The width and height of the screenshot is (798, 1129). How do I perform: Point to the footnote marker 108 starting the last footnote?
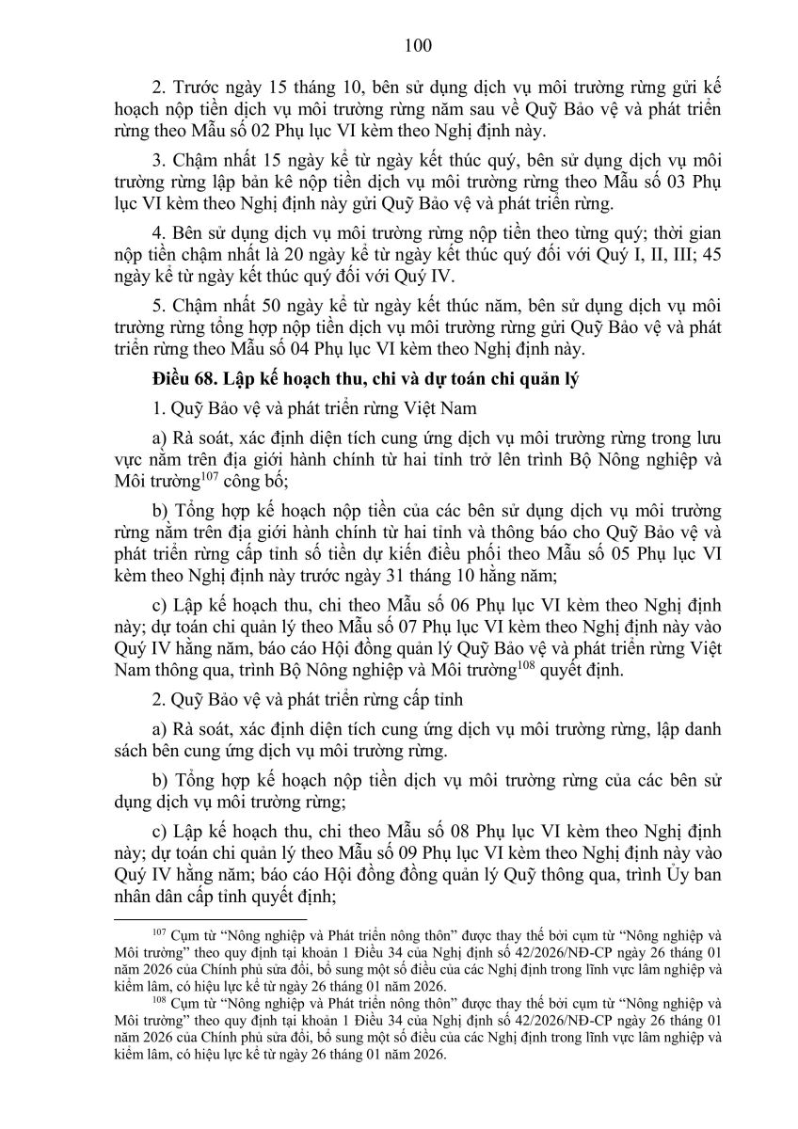157,1002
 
